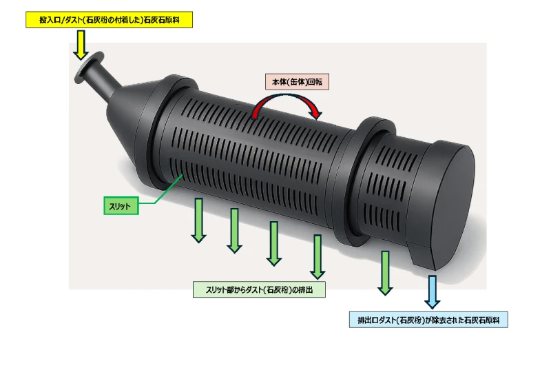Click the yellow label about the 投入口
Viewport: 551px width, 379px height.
pos(109,21)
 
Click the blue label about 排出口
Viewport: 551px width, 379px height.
pos(429,320)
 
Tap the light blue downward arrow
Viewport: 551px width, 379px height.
pos(432,291)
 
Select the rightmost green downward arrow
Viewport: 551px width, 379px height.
pos(385,272)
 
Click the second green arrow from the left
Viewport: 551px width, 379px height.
pos(235,230)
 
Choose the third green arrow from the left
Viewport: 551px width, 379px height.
pos(274,243)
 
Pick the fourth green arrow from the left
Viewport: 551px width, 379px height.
pos(318,256)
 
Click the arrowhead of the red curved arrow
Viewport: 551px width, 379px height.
pos(315,111)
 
